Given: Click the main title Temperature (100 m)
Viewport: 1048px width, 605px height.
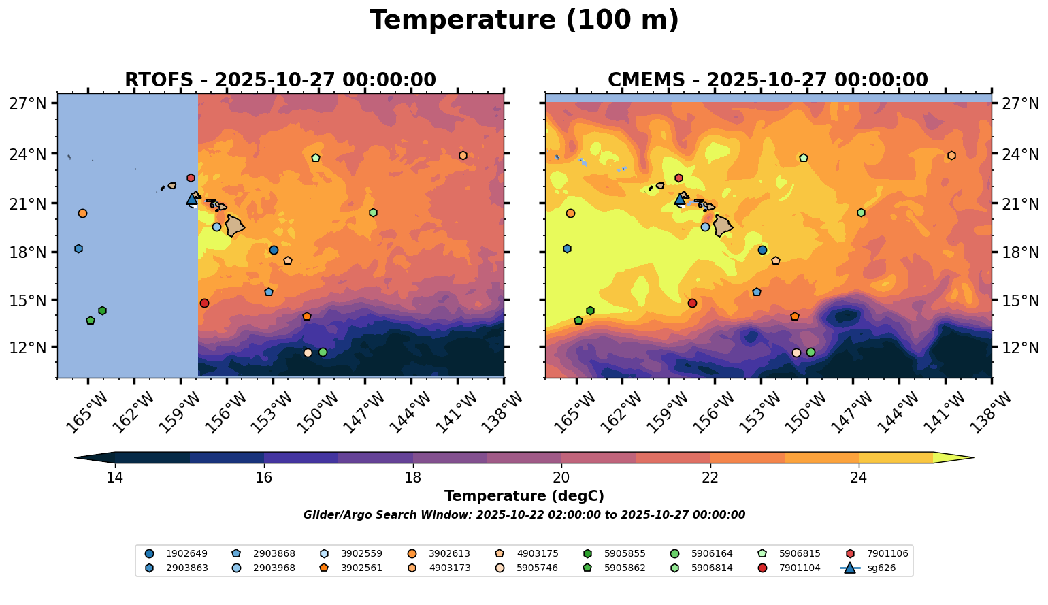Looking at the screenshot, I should [x=524, y=20].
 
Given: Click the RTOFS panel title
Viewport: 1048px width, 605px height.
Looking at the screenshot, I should [x=280, y=80].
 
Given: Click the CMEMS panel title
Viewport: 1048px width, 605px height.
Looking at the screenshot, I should [x=768, y=80].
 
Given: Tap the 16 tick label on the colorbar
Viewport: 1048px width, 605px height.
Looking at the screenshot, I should [x=263, y=478].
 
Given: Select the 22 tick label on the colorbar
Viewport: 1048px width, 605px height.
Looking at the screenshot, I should [x=710, y=478].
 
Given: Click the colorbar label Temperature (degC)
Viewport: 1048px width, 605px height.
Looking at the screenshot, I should [x=524, y=496].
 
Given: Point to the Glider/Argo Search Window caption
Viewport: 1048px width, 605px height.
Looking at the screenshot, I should [x=524, y=515].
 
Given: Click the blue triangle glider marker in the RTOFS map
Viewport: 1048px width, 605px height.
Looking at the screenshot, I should [x=193, y=199].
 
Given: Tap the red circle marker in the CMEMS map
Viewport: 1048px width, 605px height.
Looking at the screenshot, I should [x=692, y=303].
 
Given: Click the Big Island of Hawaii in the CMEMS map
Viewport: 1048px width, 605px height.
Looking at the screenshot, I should [x=723, y=225].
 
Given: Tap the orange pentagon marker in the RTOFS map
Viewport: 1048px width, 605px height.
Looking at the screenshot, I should [x=306, y=316].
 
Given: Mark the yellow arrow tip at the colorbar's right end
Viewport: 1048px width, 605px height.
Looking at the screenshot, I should [x=969, y=458].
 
